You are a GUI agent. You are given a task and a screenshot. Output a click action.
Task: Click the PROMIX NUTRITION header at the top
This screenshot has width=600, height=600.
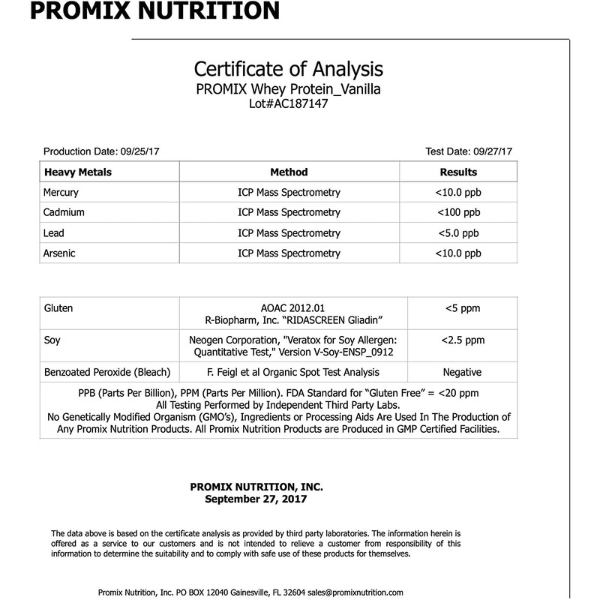[141, 11]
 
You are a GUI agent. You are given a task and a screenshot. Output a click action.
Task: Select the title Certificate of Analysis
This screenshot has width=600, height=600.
[289, 70]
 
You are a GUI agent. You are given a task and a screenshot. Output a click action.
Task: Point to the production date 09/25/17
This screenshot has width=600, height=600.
[133, 151]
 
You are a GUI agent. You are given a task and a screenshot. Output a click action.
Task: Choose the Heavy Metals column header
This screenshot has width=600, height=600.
[78, 172]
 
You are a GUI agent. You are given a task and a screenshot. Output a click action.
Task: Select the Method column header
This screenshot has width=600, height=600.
[289, 172]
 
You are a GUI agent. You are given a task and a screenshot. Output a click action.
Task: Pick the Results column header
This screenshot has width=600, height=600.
[458, 172]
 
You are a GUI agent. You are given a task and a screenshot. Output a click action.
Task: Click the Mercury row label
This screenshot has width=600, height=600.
[61, 193]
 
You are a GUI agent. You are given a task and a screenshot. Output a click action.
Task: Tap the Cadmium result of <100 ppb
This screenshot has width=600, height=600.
[458, 213]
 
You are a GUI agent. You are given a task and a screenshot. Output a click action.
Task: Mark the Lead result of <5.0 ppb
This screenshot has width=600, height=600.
[458, 233]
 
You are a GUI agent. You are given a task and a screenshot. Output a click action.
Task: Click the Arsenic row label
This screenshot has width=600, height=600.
[60, 253]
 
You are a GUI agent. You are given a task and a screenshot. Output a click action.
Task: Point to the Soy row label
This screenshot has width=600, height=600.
[52, 340]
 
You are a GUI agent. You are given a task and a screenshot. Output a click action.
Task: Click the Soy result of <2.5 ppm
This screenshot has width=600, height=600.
[462, 340]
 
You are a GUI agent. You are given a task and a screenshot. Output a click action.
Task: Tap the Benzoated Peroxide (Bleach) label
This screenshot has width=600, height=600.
[108, 372]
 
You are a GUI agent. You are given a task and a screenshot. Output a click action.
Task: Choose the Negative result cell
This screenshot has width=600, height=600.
[462, 372]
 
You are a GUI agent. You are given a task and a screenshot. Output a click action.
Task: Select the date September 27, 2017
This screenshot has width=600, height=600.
[256, 498]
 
